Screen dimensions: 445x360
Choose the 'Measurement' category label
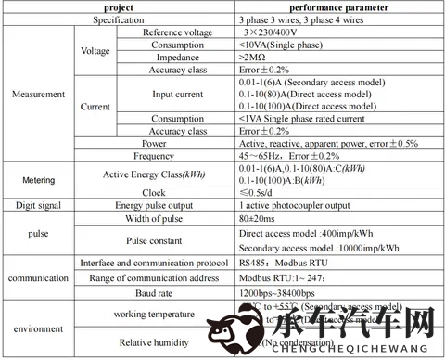(x=37, y=94)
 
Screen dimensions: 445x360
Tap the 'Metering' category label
(x=37, y=178)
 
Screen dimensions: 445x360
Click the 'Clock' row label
(x=154, y=191)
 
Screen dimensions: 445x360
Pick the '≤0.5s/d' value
(x=257, y=191)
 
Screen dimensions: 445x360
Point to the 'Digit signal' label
(x=37, y=205)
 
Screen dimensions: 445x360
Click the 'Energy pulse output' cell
(x=154, y=205)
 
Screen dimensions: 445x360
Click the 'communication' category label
(x=37, y=277)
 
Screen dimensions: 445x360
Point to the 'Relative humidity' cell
(x=154, y=342)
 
